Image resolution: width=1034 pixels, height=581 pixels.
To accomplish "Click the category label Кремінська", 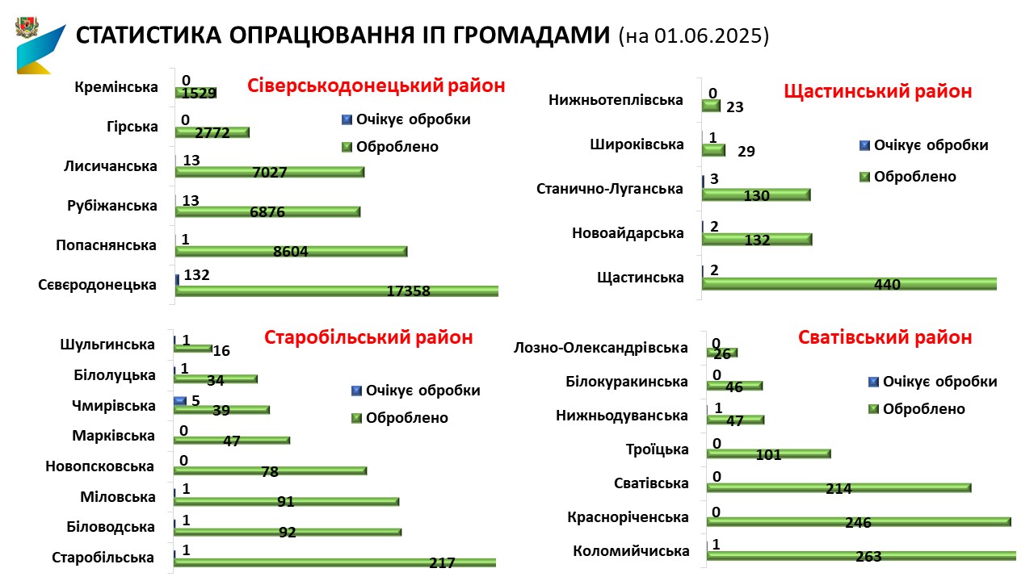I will pyautogui.click(x=116, y=88).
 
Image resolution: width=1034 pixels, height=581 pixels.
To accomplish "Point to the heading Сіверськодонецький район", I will pyautogui.click(x=376, y=86).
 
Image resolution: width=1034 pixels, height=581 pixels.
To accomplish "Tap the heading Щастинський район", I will pyautogui.click(x=878, y=91).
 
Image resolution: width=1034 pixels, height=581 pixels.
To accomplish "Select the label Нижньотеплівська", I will pyautogui.click(x=616, y=100).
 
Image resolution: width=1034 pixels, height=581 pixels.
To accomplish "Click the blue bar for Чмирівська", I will pyautogui.click(x=180, y=400).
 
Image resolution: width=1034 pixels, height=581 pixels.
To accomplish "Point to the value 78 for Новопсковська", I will pyautogui.click(x=270, y=471).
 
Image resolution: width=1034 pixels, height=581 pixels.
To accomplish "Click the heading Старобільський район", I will pyautogui.click(x=368, y=337).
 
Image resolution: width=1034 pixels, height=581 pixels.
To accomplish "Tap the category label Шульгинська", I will pyautogui.click(x=107, y=345).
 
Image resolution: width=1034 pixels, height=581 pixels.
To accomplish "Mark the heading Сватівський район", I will pyautogui.click(x=885, y=337).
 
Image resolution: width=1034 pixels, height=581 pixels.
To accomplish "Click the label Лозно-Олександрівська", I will pyautogui.click(x=601, y=348).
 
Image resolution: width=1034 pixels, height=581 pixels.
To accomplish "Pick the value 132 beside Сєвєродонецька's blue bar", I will pyautogui.click(x=196, y=275).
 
